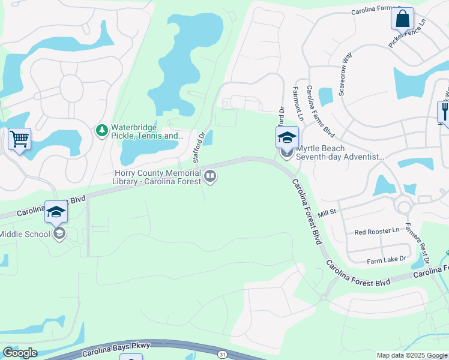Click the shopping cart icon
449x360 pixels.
20,139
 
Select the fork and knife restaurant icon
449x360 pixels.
445,112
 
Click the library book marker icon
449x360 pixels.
210,176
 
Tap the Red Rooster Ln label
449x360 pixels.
376,231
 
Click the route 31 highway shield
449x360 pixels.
223,355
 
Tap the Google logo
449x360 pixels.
19,353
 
